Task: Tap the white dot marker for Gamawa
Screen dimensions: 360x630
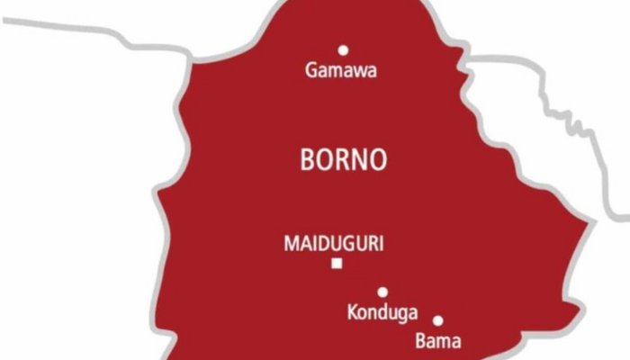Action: pyautogui.click(x=343, y=50)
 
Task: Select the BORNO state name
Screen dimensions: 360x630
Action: pyautogui.click(x=343, y=160)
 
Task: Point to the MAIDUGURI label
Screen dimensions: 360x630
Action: pyautogui.click(x=334, y=243)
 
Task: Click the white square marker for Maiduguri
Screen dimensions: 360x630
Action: pyautogui.click(x=337, y=264)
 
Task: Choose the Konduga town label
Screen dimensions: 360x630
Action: pyautogui.click(x=382, y=313)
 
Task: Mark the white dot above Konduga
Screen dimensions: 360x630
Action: pyautogui.click(x=382, y=292)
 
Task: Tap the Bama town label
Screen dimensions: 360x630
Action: pyautogui.click(x=438, y=341)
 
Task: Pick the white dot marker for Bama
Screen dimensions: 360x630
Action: pyautogui.click(x=438, y=320)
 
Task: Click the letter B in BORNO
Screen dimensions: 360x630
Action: pyautogui.click(x=306, y=160)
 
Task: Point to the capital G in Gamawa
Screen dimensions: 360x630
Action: pyautogui.click(x=312, y=70)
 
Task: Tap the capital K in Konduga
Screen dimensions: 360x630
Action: pyautogui.click(x=353, y=312)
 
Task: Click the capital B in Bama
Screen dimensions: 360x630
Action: pyautogui.click(x=420, y=341)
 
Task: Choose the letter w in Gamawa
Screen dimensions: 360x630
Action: pyautogui.click(x=358, y=72)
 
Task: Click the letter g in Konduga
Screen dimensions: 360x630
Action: pyautogui.click(x=400, y=315)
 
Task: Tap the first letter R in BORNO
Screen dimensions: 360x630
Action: pyautogui.click(x=341, y=160)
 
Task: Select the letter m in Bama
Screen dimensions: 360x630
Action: pyautogui.click(x=443, y=342)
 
